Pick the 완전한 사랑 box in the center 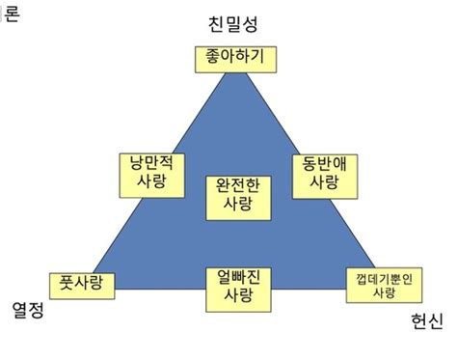236,193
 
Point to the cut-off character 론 11,16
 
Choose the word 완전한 236,183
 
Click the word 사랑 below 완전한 236,204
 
